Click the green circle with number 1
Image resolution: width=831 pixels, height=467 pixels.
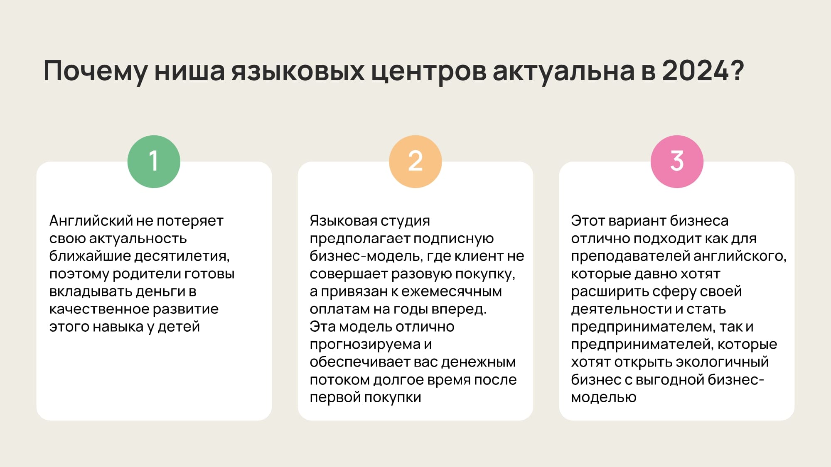pos(154,161)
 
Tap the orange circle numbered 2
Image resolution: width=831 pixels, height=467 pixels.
pos(415,161)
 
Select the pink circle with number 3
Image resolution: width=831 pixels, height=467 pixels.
pos(676,161)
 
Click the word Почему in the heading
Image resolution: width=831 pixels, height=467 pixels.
pos(95,71)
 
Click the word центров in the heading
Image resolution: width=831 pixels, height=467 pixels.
pos(428,71)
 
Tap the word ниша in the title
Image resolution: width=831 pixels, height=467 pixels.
pos(189,70)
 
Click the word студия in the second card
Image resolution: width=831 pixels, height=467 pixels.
pos(405,221)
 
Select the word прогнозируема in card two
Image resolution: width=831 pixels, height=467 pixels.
pos(366,345)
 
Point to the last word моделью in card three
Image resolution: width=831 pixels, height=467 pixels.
pos(603,398)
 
